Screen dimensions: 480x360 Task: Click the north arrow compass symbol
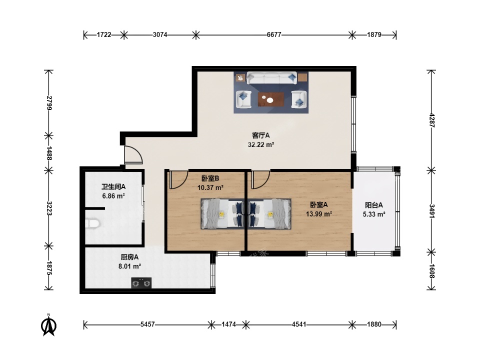(x=48, y=325)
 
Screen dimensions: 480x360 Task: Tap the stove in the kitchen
(x=141, y=283)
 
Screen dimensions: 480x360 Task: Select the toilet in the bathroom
(x=92, y=224)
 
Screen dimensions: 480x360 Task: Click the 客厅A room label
(x=261, y=135)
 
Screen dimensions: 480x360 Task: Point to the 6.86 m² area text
(x=113, y=196)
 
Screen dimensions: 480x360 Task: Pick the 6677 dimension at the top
(x=274, y=34)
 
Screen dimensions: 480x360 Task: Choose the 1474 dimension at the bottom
(x=228, y=324)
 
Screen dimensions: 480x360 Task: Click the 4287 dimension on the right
(x=431, y=120)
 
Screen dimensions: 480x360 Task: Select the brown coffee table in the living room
(x=271, y=99)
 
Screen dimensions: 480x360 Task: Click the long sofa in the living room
(x=272, y=78)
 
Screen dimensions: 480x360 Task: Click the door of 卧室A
(x=260, y=180)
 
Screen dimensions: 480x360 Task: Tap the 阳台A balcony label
(x=374, y=205)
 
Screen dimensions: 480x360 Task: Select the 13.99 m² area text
(x=319, y=214)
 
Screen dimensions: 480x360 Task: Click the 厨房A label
(x=129, y=257)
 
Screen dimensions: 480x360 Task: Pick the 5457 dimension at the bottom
(x=147, y=324)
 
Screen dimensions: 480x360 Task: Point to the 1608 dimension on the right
(x=431, y=271)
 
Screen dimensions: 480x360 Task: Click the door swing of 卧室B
(x=178, y=180)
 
